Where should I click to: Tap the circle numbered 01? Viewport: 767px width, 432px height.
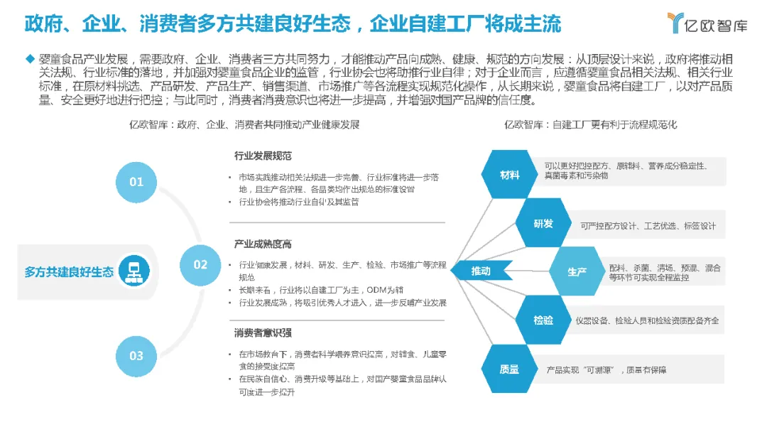pos(136,181)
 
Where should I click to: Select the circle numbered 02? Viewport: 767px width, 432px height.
pos(200,264)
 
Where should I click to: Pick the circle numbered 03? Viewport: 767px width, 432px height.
pos(136,355)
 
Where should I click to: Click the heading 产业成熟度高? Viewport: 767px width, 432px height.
pos(263,244)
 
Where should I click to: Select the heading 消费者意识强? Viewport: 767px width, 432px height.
pos(263,333)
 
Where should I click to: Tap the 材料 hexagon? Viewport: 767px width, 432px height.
pos(510,175)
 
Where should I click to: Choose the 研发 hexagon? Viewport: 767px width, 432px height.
pos(543,224)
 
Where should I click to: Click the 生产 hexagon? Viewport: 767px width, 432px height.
pos(577,271)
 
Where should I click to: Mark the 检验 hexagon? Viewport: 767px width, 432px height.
pos(543,320)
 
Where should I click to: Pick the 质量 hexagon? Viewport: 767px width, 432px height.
pos(510,369)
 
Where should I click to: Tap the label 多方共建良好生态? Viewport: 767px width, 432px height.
pos(69,271)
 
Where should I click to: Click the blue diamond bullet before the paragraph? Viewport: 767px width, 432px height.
pos(29,58)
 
